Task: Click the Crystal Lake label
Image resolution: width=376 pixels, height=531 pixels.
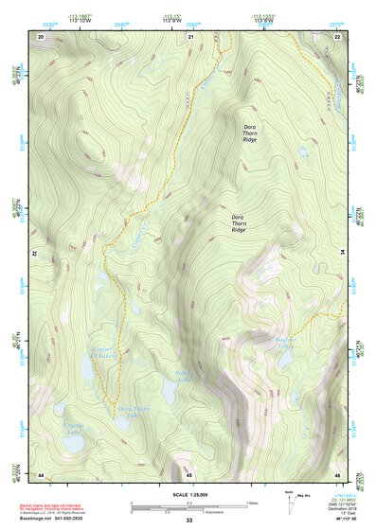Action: point(73,430)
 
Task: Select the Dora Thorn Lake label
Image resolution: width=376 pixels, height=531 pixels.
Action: point(134,412)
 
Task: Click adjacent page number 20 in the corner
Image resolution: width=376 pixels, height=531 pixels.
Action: point(40,36)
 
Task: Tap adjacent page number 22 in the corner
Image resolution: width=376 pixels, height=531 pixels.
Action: point(337,36)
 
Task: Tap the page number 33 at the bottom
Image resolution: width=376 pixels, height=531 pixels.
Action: point(188,520)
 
